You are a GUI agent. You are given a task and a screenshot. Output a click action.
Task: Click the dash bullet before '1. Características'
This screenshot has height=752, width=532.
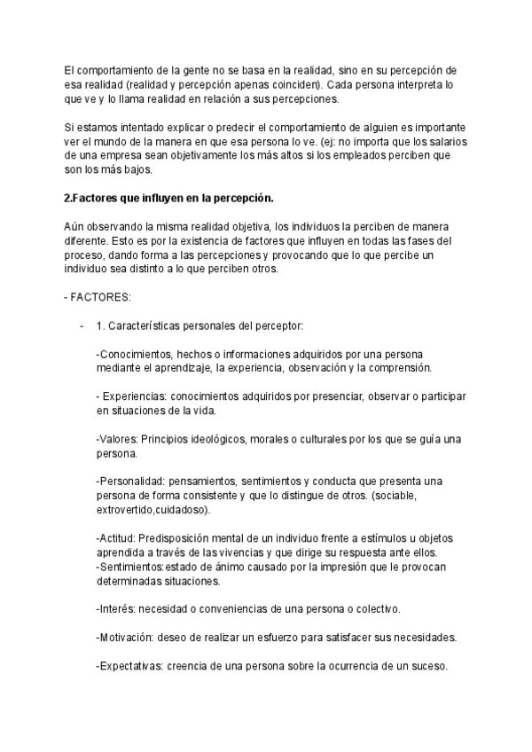82,325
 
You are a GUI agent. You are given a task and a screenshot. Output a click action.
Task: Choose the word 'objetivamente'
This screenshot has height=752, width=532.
245,157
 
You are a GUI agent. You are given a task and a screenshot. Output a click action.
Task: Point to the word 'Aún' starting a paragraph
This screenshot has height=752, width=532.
75,227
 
